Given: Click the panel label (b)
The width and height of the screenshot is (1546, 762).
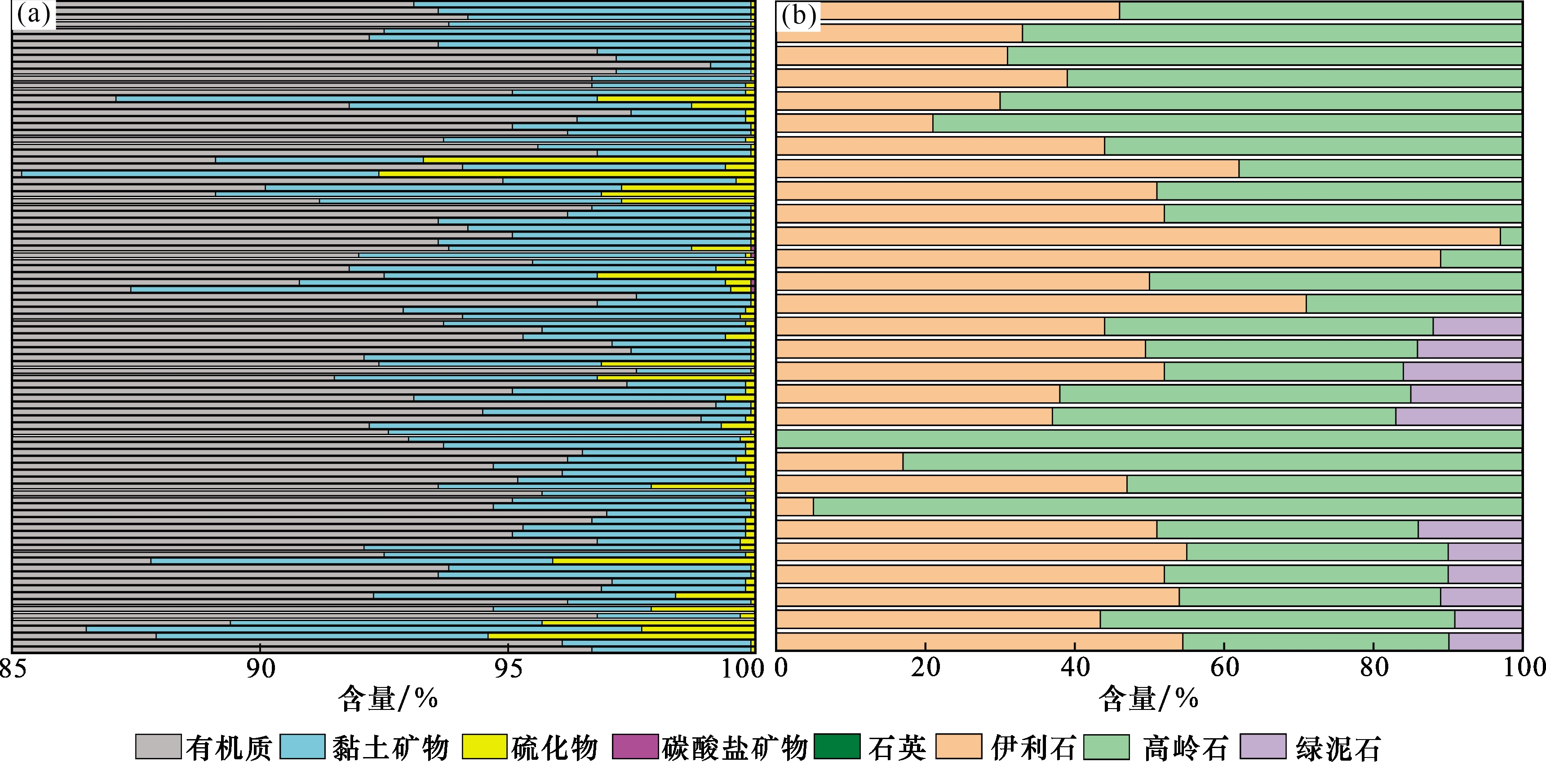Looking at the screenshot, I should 798,16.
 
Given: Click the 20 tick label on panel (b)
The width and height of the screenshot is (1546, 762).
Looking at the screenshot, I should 926,667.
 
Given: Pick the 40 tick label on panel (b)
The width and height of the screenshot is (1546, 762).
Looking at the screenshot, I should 1075,667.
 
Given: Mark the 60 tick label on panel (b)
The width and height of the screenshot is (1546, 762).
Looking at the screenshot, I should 1224,667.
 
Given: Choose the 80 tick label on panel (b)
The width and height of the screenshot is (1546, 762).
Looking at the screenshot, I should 1374,667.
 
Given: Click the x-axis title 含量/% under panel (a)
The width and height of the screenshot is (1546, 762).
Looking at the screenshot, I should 388,698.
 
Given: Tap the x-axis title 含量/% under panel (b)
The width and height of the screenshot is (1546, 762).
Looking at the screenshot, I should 1148,698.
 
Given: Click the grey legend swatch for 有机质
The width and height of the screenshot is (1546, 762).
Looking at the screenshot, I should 158,746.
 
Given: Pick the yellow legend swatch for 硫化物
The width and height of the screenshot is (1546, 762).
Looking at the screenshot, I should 484,746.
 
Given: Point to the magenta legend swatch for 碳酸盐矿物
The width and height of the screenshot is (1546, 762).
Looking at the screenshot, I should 635,746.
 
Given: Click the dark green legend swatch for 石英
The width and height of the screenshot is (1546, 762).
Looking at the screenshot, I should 837,746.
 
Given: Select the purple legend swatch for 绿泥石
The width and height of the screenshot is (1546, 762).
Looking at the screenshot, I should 1263,746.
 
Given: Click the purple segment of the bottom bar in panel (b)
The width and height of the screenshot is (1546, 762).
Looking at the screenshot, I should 1485,641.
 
